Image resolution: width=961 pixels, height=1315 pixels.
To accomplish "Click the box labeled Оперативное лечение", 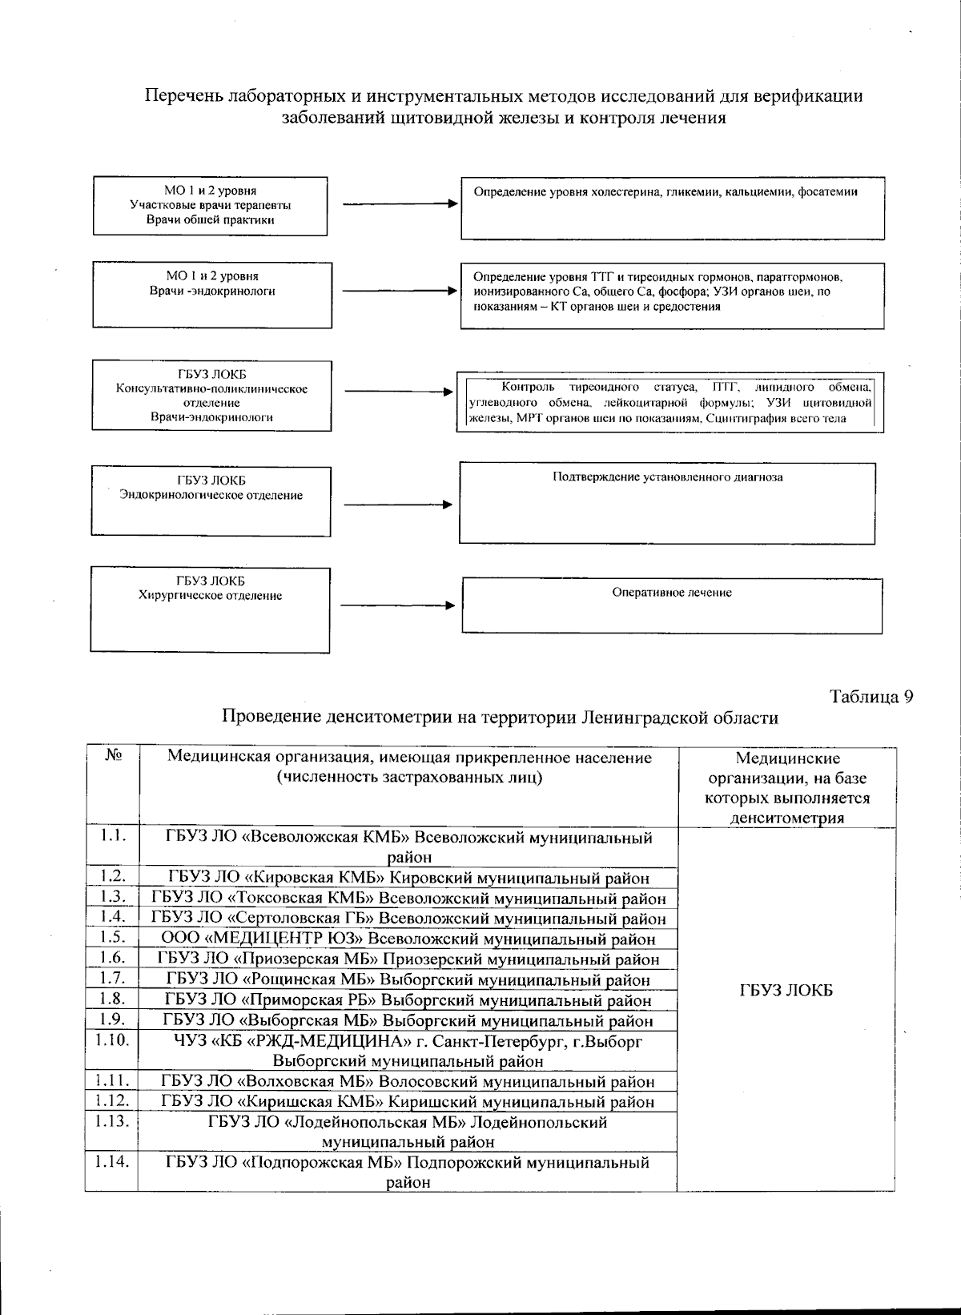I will (x=672, y=605).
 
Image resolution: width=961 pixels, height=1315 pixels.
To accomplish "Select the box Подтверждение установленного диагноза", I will (x=667, y=503).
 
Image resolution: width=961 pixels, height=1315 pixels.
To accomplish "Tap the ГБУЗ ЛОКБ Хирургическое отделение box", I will (x=210, y=609).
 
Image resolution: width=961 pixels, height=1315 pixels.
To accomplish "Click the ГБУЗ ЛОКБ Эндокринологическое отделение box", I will (x=211, y=501).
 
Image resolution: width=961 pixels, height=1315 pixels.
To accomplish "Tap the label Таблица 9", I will (x=871, y=696).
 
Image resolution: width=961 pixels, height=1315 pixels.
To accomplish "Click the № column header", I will (x=113, y=755).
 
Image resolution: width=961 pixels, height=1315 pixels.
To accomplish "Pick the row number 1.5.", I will (x=113, y=937).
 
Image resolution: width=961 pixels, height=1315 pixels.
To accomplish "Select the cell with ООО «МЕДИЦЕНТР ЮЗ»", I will (x=408, y=939).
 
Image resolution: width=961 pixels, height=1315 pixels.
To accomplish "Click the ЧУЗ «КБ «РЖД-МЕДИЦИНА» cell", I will (x=408, y=1051).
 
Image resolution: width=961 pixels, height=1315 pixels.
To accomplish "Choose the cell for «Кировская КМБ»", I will (x=408, y=878).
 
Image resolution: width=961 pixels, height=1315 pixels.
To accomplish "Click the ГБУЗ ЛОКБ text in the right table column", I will (x=786, y=991).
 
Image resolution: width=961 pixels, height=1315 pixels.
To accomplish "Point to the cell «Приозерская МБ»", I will (x=408, y=959).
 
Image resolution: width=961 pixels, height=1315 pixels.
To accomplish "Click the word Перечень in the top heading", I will (x=181, y=96).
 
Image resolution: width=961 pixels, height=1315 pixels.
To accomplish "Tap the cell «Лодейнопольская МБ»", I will (x=408, y=1132).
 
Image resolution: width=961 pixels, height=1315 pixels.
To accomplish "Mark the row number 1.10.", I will (x=112, y=1040).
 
